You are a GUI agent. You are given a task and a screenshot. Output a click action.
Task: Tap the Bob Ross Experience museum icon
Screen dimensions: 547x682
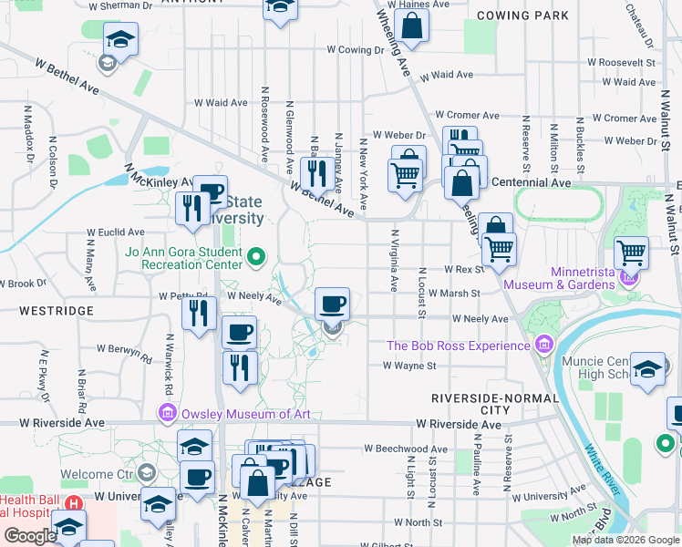pyautogui.click(x=544, y=345)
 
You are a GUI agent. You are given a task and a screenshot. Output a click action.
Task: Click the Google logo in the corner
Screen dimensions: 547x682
pyautogui.click(x=30, y=536)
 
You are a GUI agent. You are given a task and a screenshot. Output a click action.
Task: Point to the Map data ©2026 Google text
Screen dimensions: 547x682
pyautogui.click(x=625, y=540)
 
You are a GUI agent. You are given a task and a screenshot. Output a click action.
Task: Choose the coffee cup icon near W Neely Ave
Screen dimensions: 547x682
pyautogui.click(x=332, y=303)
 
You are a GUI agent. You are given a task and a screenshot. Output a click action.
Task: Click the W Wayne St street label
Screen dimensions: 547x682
pyautogui.click(x=409, y=366)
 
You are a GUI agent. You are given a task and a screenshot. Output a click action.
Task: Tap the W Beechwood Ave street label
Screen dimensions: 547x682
pyautogui.click(x=406, y=449)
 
